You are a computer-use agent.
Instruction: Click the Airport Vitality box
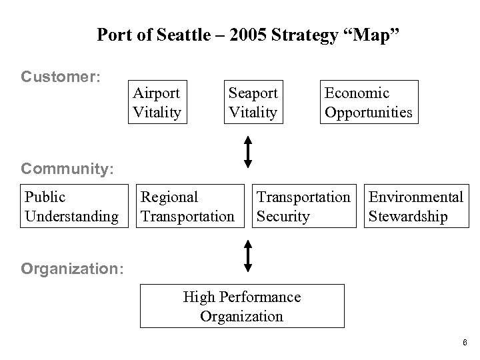157,103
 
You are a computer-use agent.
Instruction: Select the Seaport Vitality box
253,103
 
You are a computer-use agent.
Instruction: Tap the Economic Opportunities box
369,103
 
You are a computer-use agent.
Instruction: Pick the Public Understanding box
71,207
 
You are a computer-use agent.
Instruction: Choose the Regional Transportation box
187,207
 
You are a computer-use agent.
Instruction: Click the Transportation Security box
303,207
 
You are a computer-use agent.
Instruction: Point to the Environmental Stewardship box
415,207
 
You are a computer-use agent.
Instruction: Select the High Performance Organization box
242,306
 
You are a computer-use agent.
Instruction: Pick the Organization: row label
72,268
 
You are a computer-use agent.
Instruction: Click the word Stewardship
408,216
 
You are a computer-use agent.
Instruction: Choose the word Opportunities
369,112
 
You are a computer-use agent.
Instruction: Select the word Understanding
71,216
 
